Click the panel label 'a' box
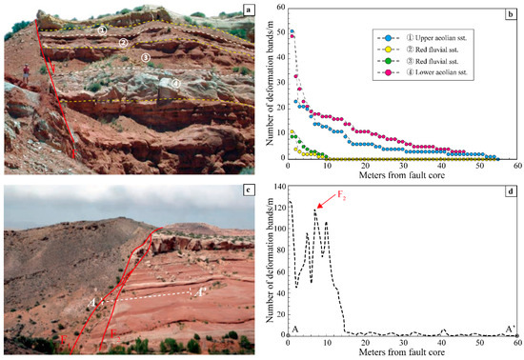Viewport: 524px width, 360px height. [249, 10]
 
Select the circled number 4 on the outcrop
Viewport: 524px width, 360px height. [174, 83]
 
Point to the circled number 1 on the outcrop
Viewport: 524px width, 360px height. [102, 30]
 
